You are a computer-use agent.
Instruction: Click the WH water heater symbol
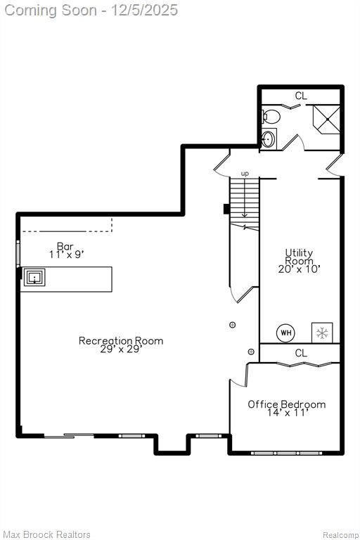pyautogui.click(x=286, y=333)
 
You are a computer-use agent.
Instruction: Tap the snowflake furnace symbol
pyautogui.click(x=322, y=333)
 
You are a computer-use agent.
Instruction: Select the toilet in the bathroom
pyautogui.click(x=271, y=117)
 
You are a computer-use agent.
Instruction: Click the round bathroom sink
pyautogui.click(x=269, y=139)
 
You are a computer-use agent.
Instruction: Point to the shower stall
pyautogui.click(x=326, y=119)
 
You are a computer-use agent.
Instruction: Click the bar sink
pyautogui.click(x=34, y=277)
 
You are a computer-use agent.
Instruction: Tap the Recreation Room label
pyautogui.click(x=121, y=340)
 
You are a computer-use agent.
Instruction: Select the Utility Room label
pyautogui.click(x=299, y=257)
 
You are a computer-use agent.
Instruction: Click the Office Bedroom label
pyautogui.click(x=287, y=404)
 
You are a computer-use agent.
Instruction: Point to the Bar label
pyautogui.click(x=65, y=246)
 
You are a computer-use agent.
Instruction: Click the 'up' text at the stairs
pyautogui.click(x=245, y=174)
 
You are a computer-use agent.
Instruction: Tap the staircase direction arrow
pyautogui.click(x=245, y=198)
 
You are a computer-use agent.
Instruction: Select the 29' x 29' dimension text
pyautogui.click(x=121, y=349)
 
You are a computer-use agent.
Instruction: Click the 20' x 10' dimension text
pyautogui.click(x=299, y=269)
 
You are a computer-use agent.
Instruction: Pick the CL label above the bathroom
pyautogui.click(x=301, y=96)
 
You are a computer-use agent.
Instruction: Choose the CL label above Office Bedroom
pyautogui.click(x=301, y=353)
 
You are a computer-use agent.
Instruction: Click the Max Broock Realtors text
pyautogui.click(x=47, y=534)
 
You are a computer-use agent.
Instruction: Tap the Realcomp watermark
pyautogui.click(x=340, y=535)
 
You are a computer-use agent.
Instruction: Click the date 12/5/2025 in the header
pyautogui.click(x=144, y=11)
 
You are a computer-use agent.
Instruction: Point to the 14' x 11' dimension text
pyautogui.click(x=288, y=413)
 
